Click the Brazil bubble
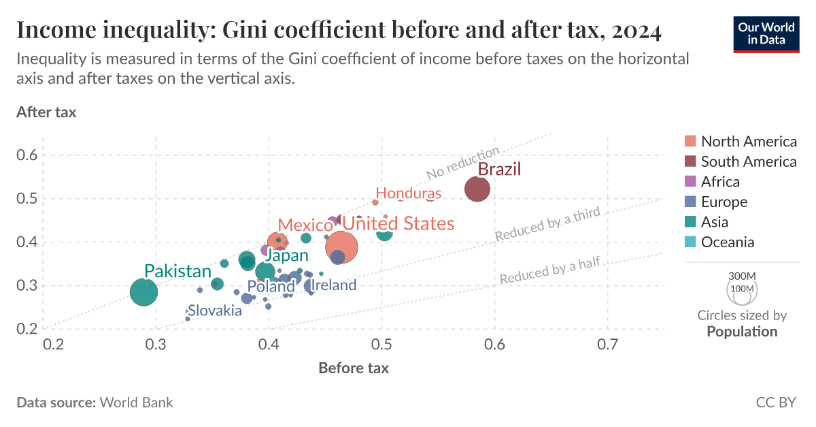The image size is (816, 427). coord(477,189)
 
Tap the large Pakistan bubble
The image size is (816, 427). coord(143,292)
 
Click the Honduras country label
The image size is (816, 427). coord(408,193)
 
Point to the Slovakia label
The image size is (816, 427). coord(215,311)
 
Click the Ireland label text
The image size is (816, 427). coord(334,285)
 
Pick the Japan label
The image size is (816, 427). coord(286,256)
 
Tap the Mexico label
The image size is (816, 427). coord(305,225)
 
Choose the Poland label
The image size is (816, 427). coord(271,287)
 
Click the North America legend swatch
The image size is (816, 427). coord(691,142)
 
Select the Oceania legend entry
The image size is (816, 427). coord(728,242)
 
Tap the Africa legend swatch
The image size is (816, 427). coord(691,182)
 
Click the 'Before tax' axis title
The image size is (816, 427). coord(354,368)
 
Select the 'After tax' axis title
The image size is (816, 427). coord(46,112)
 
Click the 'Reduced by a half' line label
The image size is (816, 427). coord(549,271)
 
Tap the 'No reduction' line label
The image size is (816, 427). coord(463,163)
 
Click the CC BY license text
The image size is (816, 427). coord(776,402)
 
